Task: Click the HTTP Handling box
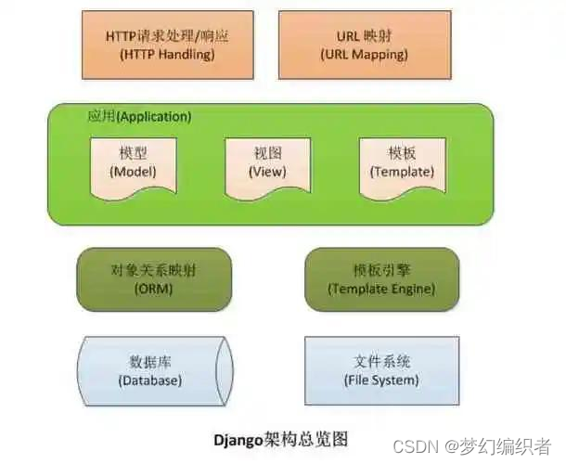coord(167,45)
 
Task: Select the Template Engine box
coord(381,278)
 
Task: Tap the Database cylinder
coord(151,369)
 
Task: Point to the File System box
coord(381,369)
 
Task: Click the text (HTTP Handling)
coord(167,55)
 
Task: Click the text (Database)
coord(150,380)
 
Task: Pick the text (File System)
coord(381,380)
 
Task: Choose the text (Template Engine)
coord(381,289)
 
